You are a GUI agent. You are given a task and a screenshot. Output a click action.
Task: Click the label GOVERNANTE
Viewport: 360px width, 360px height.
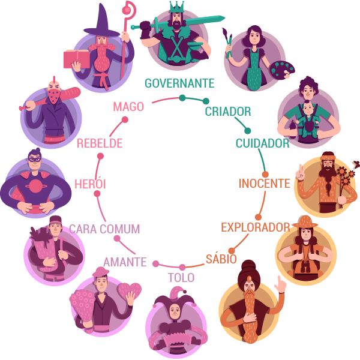coord(179,83)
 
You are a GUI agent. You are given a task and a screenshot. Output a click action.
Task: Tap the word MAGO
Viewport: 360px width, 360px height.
coord(128,107)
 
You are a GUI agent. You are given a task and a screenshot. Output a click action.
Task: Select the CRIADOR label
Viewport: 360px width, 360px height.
coord(228,112)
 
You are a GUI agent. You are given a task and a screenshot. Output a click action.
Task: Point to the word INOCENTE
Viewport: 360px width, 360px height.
coord(264,184)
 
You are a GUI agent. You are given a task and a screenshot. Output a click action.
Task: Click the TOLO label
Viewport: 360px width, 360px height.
coord(181,278)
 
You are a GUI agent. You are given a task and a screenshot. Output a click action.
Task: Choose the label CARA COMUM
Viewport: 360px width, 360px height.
coord(104,229)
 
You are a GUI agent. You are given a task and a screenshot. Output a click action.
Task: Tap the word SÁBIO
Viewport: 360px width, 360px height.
coord(221,259)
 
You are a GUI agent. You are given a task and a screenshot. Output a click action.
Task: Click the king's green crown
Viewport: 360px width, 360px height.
coord(177,7)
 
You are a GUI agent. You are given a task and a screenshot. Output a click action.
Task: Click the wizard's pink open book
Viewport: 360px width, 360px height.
coord(77,59)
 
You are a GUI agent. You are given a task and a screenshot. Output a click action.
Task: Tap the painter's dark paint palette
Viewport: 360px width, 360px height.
coord(282,70)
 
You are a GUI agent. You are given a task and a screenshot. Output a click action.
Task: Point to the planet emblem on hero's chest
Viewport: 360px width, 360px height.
coord(35,186)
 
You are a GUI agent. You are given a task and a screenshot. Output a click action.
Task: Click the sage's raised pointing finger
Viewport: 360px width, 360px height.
coord(280,281)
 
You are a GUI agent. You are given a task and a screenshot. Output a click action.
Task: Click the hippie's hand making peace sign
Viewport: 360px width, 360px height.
coord(301,173)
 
